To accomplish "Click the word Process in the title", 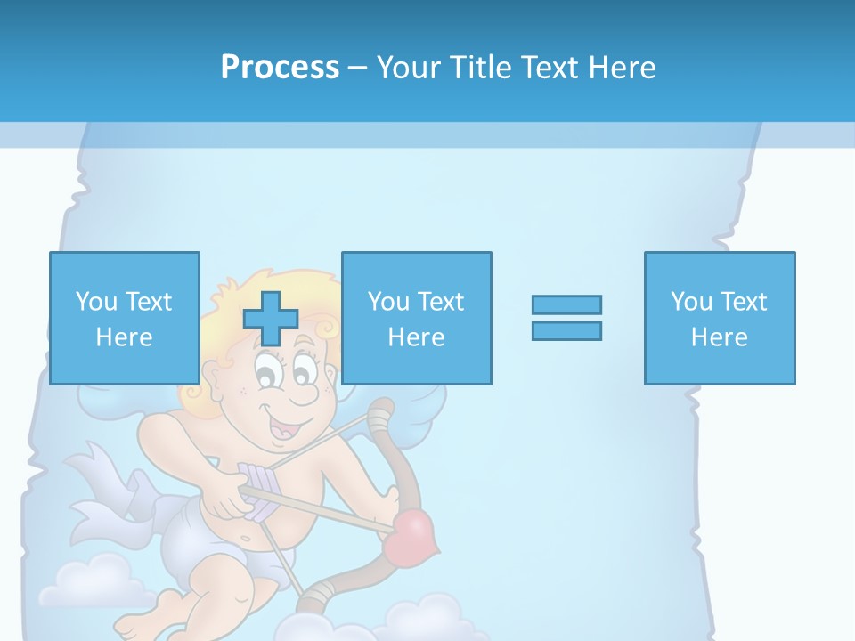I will (280, 68).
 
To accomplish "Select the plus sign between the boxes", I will (271, 318).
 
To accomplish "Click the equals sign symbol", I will (566, 318).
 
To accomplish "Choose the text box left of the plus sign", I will (125, 318).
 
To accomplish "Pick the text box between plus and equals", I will (417, 318).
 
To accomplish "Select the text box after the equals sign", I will (720, 318).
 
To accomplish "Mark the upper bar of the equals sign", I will (566, 304).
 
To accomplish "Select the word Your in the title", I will (408, 68).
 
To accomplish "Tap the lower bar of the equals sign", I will (566, 330).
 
